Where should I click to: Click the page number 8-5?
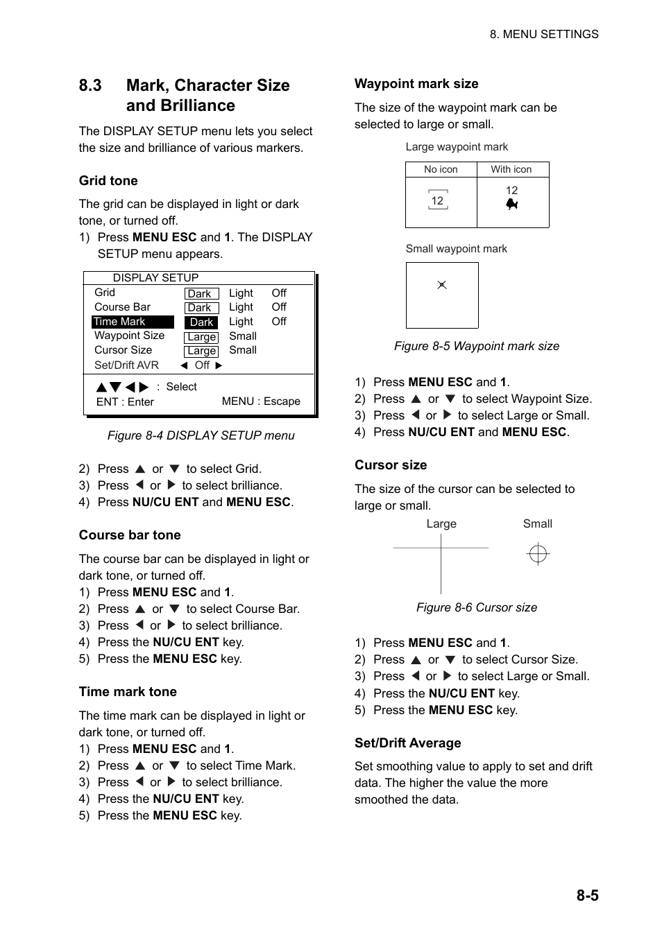586,895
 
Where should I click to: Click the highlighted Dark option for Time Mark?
201,322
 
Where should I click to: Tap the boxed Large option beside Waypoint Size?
201,337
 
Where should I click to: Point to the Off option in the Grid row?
279,293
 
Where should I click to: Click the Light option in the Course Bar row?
241,307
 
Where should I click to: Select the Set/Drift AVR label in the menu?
126,365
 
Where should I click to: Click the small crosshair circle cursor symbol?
538,554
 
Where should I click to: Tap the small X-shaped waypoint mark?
441,285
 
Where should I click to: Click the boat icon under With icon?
512,205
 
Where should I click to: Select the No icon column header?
441,169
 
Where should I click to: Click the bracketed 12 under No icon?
437,201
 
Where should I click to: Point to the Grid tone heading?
108,181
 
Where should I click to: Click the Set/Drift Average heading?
407,743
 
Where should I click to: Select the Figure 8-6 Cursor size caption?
476,607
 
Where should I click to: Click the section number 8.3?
90,85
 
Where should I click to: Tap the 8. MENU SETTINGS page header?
543,34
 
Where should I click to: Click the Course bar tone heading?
130,535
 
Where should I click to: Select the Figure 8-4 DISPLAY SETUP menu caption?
201,435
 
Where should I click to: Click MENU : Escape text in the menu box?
261,401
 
